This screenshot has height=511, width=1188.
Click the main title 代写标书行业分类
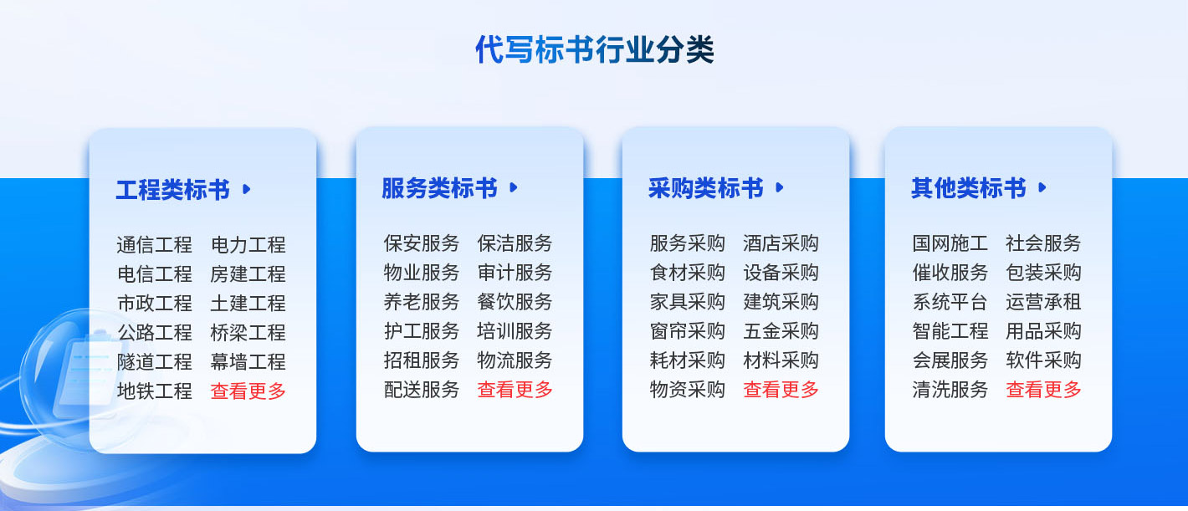tap(594, 50)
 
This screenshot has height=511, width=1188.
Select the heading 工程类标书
tap(173, 190)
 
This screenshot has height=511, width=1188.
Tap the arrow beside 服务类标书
tap(514, 187)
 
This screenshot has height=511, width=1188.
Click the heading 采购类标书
tap(705, 188)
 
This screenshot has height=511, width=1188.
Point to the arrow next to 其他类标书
tap(1042, 187)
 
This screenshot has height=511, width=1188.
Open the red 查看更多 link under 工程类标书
tap(248, 391)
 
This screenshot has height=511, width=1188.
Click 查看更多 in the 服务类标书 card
tap(515, 390)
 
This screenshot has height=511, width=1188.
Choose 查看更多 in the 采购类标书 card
tap(781, 390)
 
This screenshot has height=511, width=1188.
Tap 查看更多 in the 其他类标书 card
tap(1043, 390)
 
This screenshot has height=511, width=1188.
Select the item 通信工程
tap(154, 245)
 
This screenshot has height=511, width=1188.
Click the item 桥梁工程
tap(248, 333)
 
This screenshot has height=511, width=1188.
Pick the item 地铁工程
tap(154, 391)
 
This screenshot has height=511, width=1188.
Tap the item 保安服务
tap(422, 243)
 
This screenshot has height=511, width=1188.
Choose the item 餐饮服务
tap(515, 302)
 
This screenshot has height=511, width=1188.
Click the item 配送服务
tap(422, 390)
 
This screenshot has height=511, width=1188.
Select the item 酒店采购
tap(781, 243)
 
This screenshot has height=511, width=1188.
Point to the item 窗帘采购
tap(688, 331)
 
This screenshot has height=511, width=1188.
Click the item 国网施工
tap(950, 243)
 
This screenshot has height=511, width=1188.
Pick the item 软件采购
tap(1043, 360)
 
